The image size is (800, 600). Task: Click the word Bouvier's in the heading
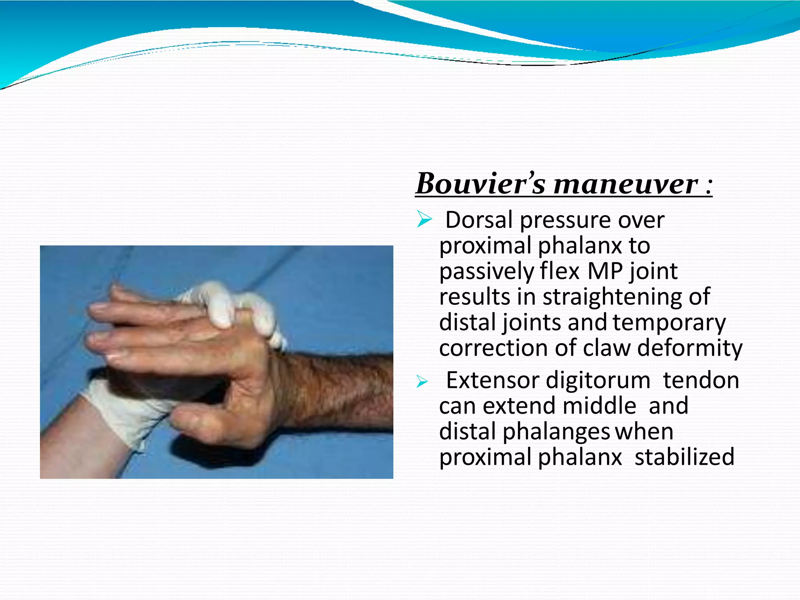[x=480, y=184]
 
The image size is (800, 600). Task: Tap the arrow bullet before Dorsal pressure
[x=424, y=219]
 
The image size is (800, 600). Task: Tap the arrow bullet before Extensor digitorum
[x=422, y=381]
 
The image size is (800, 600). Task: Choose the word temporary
[x=669, y=323]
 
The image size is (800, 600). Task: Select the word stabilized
[x=684, y=457]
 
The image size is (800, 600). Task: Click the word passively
[x=486, y=272]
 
